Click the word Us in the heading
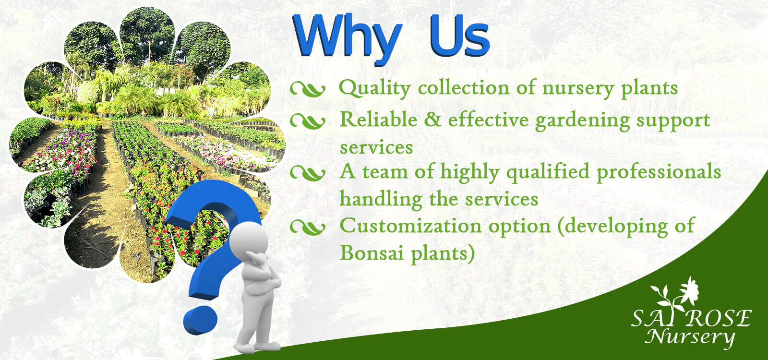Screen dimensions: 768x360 460,36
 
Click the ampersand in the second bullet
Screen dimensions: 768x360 432,120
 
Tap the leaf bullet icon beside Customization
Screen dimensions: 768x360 308,228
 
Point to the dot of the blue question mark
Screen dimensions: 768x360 200,321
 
